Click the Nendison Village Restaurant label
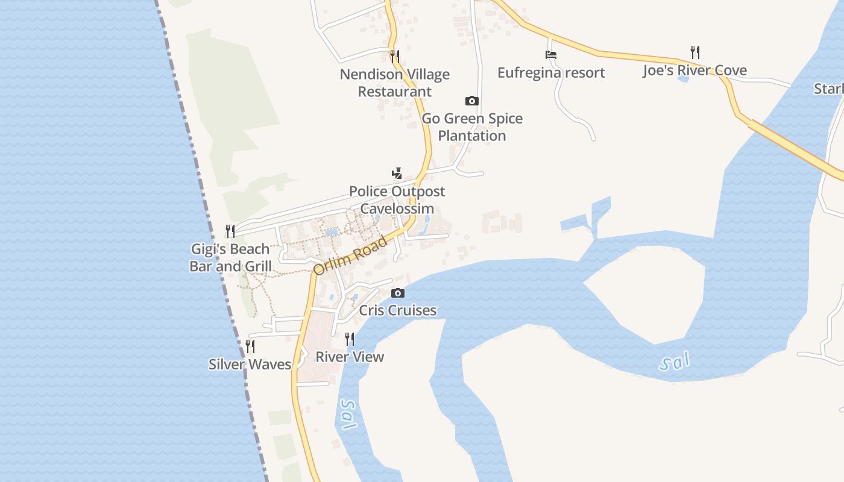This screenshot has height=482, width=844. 395,83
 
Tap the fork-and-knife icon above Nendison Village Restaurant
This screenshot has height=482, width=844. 395,57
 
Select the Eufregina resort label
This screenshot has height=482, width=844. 551,73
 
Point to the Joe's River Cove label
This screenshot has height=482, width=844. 694,70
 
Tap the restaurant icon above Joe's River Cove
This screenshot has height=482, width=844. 694,52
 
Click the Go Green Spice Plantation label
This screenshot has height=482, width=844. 472,127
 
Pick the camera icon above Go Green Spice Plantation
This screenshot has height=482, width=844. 472,101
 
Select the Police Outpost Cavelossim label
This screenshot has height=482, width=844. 397,200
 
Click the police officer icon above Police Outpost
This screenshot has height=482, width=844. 397,174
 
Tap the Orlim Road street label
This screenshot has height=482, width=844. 351,256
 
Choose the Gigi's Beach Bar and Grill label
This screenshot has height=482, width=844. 230,257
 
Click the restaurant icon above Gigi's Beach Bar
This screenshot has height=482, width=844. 230,231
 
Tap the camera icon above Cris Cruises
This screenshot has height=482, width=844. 398,293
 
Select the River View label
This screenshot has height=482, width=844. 350,357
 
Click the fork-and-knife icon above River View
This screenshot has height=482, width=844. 350,339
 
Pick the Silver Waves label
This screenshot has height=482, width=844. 250,364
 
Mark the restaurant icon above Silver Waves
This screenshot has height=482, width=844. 250,346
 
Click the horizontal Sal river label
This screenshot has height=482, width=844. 675,363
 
